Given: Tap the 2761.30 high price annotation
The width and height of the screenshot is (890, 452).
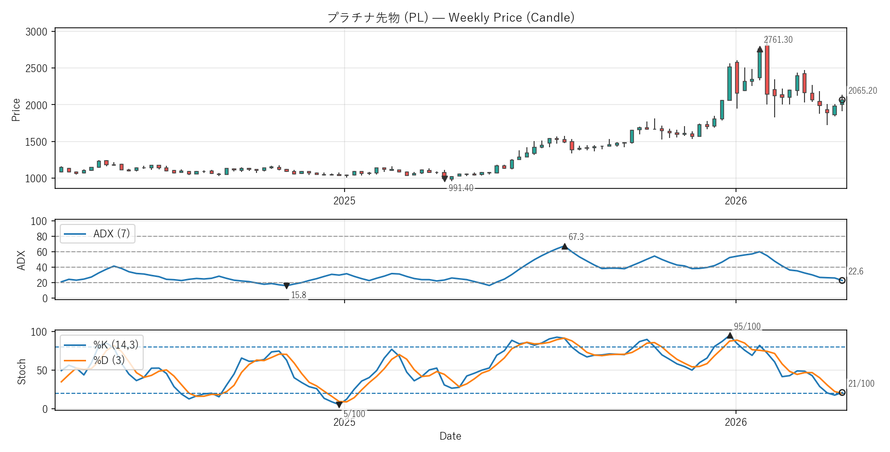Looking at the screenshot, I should coord(778,40).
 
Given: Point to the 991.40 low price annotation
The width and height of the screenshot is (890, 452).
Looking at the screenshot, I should coord(460,188).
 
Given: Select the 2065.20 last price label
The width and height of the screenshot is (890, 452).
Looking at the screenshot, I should coord(862,91).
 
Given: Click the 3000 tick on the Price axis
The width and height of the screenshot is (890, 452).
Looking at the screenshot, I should coord(36,32).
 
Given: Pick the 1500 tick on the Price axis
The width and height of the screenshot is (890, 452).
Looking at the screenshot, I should coord(36,142).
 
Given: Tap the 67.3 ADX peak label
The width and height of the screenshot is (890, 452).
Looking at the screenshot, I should coord(576,237).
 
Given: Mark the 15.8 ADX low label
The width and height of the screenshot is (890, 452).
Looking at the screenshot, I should coord(298,295).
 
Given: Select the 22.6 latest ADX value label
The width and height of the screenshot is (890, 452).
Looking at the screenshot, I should coord(855,271).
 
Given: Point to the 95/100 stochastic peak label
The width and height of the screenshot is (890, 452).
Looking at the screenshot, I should coord(747,326).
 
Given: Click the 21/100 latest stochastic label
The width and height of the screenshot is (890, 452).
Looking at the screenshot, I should coord(861,384).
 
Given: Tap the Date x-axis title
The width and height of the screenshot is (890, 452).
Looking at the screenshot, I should coord(450,436).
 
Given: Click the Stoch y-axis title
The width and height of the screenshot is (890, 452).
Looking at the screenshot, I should coord(22,371).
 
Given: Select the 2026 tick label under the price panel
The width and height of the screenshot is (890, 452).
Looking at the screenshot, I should coord(735,201).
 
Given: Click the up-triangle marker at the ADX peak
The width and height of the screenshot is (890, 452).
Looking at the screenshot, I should coord(564,247).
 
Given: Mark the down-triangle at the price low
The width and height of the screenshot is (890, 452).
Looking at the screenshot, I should coord(444,179).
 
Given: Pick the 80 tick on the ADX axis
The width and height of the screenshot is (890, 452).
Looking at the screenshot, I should coord(42,237).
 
